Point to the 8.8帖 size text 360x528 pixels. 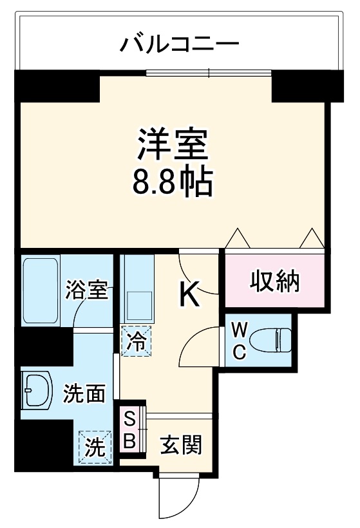point(173,183)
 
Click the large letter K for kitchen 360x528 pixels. point(188,294)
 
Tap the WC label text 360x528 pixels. point(238,342)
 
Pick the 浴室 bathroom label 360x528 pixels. point(86,290)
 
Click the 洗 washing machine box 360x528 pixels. point(94,446)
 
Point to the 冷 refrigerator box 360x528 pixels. point(136,340)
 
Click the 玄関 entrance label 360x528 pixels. point(181,444)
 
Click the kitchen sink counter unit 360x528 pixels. point(137,290)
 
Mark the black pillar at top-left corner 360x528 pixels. point(57,87)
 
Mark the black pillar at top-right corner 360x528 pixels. point(300,87)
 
